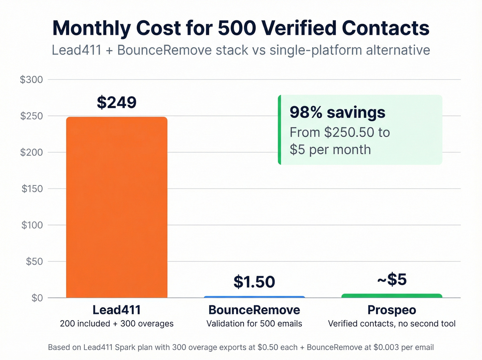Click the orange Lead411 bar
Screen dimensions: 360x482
[x=117, y=207]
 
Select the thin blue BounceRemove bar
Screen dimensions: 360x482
[x=254, y=297]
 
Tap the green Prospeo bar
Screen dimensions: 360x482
[x=392, y=296]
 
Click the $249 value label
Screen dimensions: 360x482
[x=117, y=102]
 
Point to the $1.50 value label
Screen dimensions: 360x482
[x=254, y=282]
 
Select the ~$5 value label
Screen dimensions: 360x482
[x=392, y=279]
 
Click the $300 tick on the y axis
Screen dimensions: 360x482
[x=31, y=80]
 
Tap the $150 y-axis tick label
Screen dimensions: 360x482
[x=32, y=189]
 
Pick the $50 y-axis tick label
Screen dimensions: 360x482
[x=34, y=261]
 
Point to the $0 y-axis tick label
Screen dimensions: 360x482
[x=37, y=298]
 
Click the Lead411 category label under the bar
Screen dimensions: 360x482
[x=117, y=310]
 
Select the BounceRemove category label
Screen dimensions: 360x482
[x=254, y=310]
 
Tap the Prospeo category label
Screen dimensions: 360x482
[x=392, y=310]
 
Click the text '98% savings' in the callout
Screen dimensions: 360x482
[x=337, y=113]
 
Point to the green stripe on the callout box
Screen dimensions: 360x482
[x=280, y=130]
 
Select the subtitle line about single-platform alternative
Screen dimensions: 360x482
[x=241, y=50]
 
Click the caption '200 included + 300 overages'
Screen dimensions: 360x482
[x=117, y=324]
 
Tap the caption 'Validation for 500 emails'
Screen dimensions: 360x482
[x=254, y=324]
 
